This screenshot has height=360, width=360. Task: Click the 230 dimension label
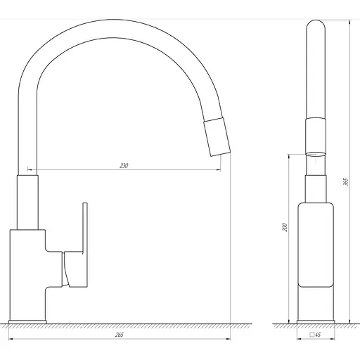123,166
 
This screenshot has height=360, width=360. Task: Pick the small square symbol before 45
311,335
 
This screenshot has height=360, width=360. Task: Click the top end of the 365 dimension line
349,19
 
